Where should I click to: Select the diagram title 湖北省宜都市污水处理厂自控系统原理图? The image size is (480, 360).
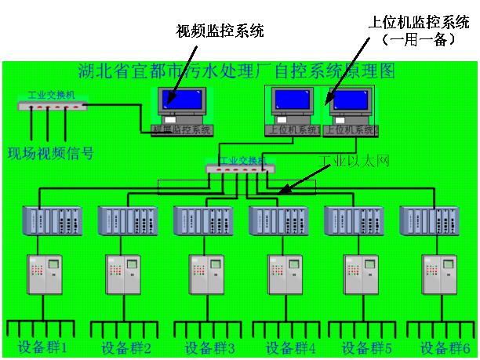tap(238, 71)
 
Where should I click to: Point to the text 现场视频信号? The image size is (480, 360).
tap(50, 152)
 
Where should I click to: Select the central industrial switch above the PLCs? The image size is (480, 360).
tap(240, 167)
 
